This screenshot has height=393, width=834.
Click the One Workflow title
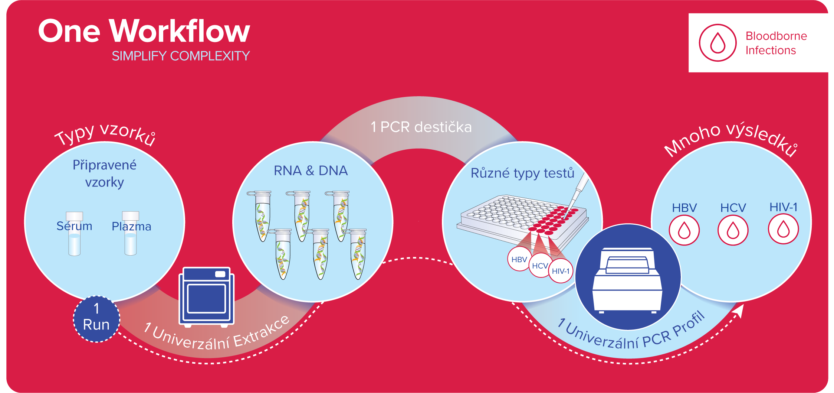(x=144, y=31)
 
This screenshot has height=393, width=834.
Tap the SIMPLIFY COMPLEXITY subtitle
(x=181, y=56)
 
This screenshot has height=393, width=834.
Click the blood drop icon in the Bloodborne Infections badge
(x=718, y=43)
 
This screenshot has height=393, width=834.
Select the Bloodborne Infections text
(x=776, y=43)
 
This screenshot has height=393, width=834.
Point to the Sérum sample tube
(x=74, y=234)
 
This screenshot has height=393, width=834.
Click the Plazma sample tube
(x=131, y=233)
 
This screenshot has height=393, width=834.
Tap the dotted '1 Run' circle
(x=96, y=319)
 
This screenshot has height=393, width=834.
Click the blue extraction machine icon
(x=207, y=297)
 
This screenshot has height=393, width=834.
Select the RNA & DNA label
(x=311, y=170)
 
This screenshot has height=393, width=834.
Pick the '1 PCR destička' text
(x=421, y=127)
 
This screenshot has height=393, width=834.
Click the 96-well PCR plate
(x=523, y=221)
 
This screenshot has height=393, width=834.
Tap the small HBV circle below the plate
(x=519, y=259)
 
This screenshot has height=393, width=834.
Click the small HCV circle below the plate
(x=540, y=266)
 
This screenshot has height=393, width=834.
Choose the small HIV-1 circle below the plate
(x=561, y=271)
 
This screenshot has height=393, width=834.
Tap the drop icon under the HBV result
(x=684, y=230)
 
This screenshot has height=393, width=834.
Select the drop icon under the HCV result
(x=733, y=230)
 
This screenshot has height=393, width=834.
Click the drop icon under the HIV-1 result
(x=783, y=229)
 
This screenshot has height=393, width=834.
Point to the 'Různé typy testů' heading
(x=522, y=173)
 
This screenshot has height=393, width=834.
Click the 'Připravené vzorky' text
(x=105, y=173)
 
